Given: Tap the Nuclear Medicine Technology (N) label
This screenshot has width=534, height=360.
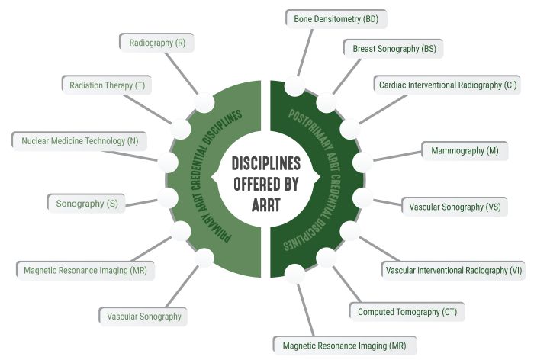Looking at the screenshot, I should (x=79, y=141).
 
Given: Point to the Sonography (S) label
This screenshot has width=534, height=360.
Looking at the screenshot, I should (x=86, y=203).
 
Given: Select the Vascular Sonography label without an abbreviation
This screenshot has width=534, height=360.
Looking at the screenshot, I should (x=144, y=316).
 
